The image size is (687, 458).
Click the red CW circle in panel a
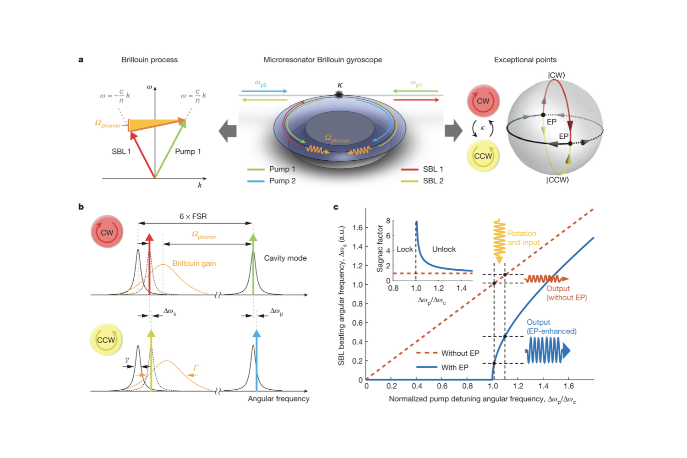click(x=483, y=101)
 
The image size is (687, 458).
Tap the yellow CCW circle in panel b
click(x=106, y=340)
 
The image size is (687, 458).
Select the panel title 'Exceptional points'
click(x=525, y=60)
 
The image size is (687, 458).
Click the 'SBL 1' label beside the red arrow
click(x=121, y=151)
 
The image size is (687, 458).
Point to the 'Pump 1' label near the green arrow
click(x=188, y=151)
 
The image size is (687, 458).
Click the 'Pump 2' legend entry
click(x=282, y=181)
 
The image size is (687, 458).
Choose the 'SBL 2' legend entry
click(x=433, y=181)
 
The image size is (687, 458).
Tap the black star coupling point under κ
click(x=339, y=95)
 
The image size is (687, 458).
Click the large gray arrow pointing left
click(x=228, y=131)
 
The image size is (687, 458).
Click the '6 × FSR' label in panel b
click(x=193, y=216)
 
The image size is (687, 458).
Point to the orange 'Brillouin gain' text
click(x=194, y=263)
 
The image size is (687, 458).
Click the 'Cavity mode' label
click(x=285, y=258)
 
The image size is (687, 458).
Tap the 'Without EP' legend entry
click(x=460, y=353)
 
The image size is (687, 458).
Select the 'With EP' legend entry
click(x=454, y=367)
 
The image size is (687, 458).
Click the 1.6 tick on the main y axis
click(x=357, y=228)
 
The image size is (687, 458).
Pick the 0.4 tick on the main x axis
click(x=417, y=386)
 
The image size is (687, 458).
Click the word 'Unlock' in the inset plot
click(x=444, y=249)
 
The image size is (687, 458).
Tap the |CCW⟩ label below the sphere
click(x=557, y=180)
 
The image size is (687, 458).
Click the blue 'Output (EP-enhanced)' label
click(x=551, y=327)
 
